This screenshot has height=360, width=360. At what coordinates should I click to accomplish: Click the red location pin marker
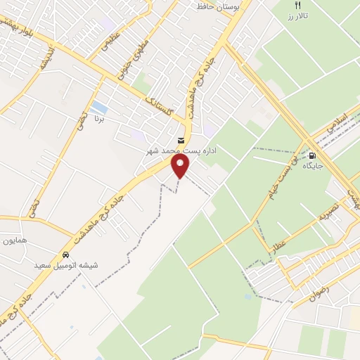181,166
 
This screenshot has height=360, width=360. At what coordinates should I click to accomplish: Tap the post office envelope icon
181,141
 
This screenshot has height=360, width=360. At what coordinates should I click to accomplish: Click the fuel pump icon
312,156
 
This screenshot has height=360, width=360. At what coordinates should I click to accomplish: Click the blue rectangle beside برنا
100,108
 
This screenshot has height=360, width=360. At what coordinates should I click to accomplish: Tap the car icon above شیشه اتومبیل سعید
65,255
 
